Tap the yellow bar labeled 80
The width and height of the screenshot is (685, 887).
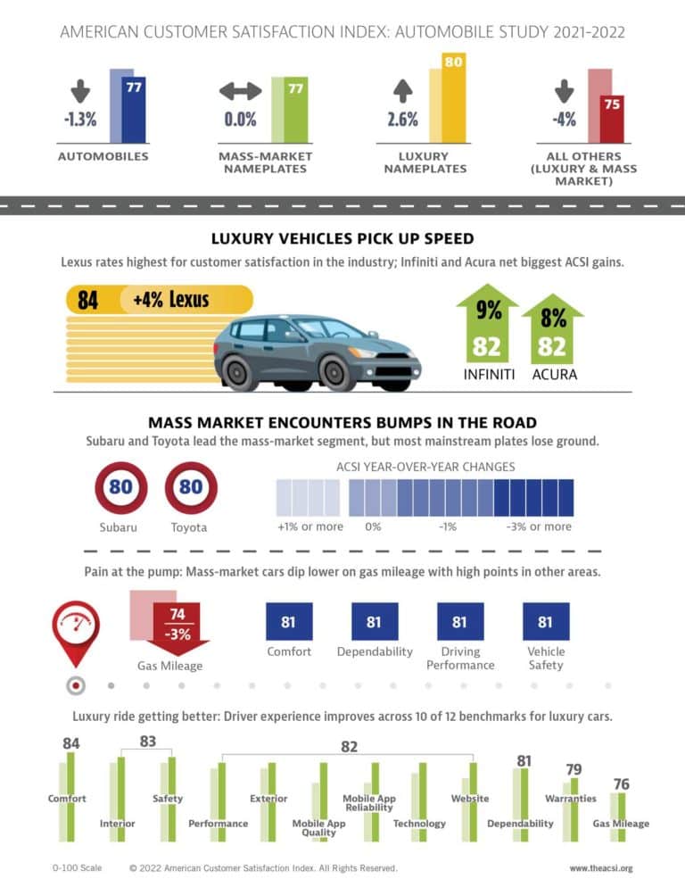point(453,98)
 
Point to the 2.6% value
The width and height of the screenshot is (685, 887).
point(402,120)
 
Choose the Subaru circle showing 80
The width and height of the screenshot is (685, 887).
point(120,488)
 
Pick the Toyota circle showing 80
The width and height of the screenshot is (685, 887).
point(191,488)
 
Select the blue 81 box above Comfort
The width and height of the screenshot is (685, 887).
point(289,622)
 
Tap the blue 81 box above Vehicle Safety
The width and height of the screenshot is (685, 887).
point(545,622)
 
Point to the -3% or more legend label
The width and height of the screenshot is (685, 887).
point(539,526)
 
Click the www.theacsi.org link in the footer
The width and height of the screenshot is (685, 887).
point(600,867)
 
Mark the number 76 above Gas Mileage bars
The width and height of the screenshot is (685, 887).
point(621,784)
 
